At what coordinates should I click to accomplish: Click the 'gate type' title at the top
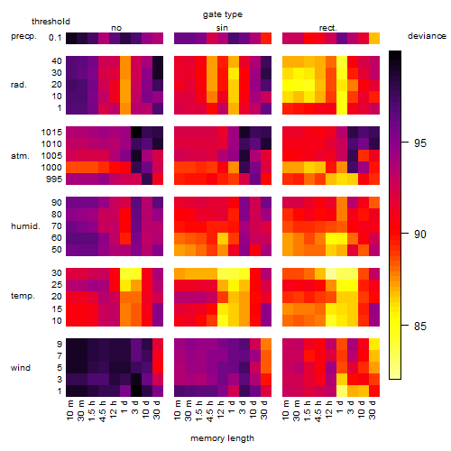[223, 14]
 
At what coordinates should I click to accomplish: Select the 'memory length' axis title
[222, 438]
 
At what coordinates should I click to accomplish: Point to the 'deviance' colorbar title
[427, 36]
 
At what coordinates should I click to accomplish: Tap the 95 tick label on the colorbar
[420, 143]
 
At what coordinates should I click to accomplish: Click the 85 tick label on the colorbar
[420, 327]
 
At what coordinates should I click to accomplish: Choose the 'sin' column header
[222, 28]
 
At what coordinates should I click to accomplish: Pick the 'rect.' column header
[328, 28]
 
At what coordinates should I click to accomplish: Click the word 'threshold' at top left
[51, 22]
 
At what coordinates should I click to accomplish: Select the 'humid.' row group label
[25, 226]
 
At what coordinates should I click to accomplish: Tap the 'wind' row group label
[21, 368]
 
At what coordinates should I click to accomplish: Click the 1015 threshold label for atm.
[51, 133]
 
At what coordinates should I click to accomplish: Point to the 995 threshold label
[54, 179]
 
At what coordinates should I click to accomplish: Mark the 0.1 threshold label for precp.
[55, 38]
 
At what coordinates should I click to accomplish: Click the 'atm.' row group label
[20, 156]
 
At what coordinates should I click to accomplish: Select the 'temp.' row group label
[23, 296]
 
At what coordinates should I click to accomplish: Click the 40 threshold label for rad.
[57, 61]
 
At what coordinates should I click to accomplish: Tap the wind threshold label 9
[60, 345]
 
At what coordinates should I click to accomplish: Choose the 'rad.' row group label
[19, 85]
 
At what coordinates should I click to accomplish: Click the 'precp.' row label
[23, 36]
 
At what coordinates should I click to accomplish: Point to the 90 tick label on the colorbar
[420, 235]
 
